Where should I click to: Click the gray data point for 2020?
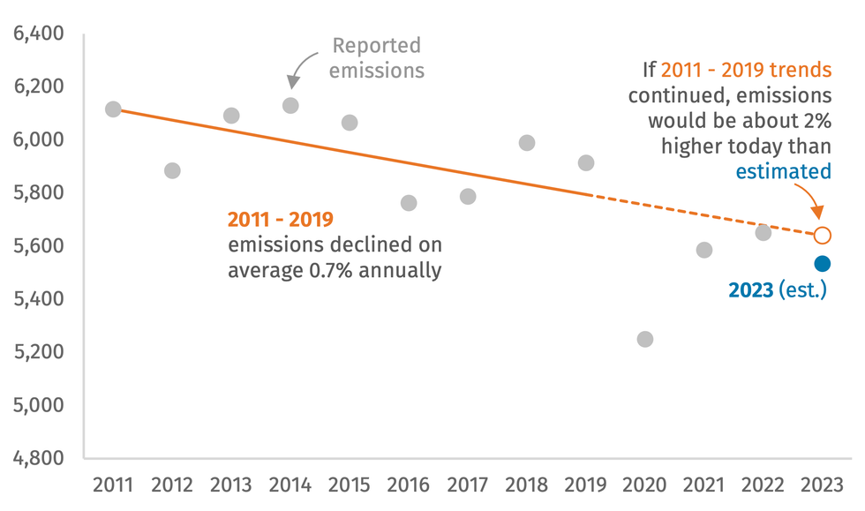coord(645,339)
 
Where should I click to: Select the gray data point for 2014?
coord(290,106)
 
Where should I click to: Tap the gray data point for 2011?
coord(113,109)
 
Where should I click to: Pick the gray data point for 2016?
coord(409,203)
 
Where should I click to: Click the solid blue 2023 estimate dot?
coord(822,264)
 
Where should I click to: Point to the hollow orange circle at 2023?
coord(822,235)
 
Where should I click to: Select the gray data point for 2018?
coord(527,143)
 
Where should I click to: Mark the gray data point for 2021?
coord(704,250)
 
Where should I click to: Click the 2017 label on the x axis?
coord(468,485)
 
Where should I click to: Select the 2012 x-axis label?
coord(172,485)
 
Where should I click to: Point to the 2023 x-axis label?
coord(822,485)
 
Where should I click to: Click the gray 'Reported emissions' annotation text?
coord(377,57)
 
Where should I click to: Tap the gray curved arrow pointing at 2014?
coord(300,67)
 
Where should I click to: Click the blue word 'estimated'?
coord(784,170)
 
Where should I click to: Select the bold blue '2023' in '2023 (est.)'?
coord(751,289)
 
